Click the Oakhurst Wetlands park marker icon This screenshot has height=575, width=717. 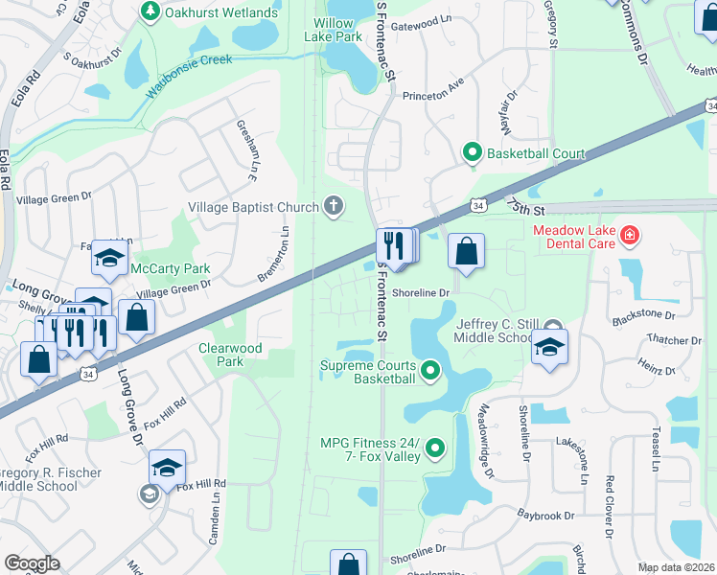pos(150,11)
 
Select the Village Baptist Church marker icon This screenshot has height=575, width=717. pos(333,205)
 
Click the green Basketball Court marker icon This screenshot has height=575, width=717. pos(472,152)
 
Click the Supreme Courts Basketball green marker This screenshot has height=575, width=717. pos(430,369)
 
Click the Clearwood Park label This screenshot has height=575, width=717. pos(230,355)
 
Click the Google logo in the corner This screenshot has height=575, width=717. pos(32,563)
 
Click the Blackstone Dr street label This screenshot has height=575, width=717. pos(644,314)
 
